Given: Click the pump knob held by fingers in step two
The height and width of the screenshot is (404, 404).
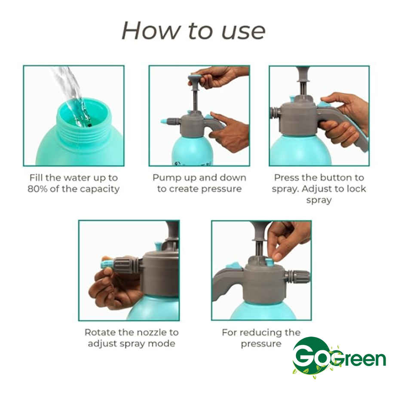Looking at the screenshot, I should tap(195, 78).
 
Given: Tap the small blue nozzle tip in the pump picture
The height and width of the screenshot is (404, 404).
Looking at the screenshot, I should tap(164, 122).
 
